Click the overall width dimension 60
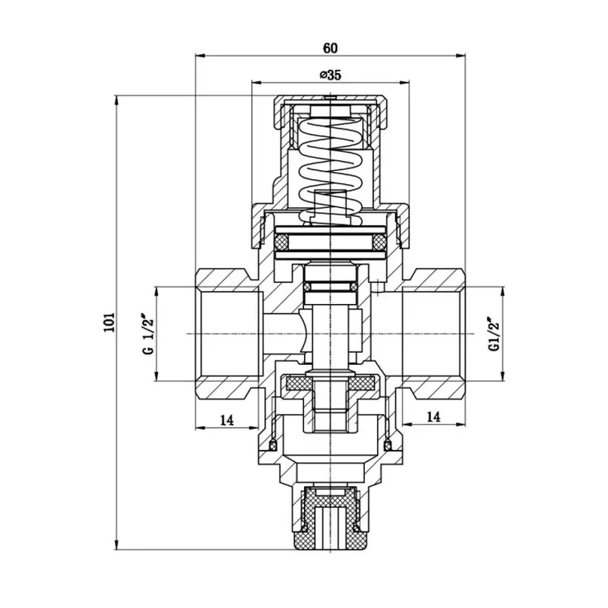[x=330, y=48]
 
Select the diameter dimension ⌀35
[x=330, y=75]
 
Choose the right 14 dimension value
[x=434, y=417]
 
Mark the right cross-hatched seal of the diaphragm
[x=379, y=241]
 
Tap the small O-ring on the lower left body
[x=273, y=445]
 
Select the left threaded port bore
[x=227, y=334]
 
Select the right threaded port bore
[x=432, y=334]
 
